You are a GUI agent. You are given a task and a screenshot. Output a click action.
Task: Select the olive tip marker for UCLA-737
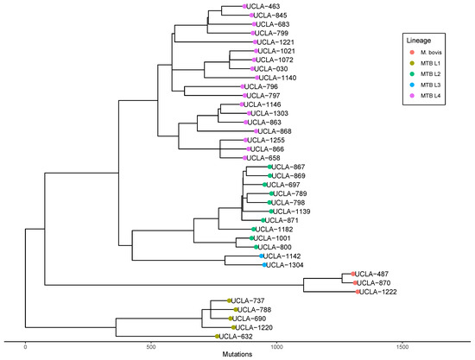[x=230, y=300]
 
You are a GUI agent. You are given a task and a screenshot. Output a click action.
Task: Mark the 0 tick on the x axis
[x=26, y=345]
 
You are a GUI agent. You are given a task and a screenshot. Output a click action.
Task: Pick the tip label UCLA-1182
[x=271, y=230]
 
